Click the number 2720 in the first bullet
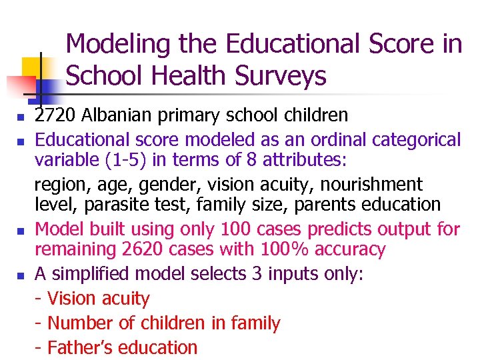click(x=56, y=115)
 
